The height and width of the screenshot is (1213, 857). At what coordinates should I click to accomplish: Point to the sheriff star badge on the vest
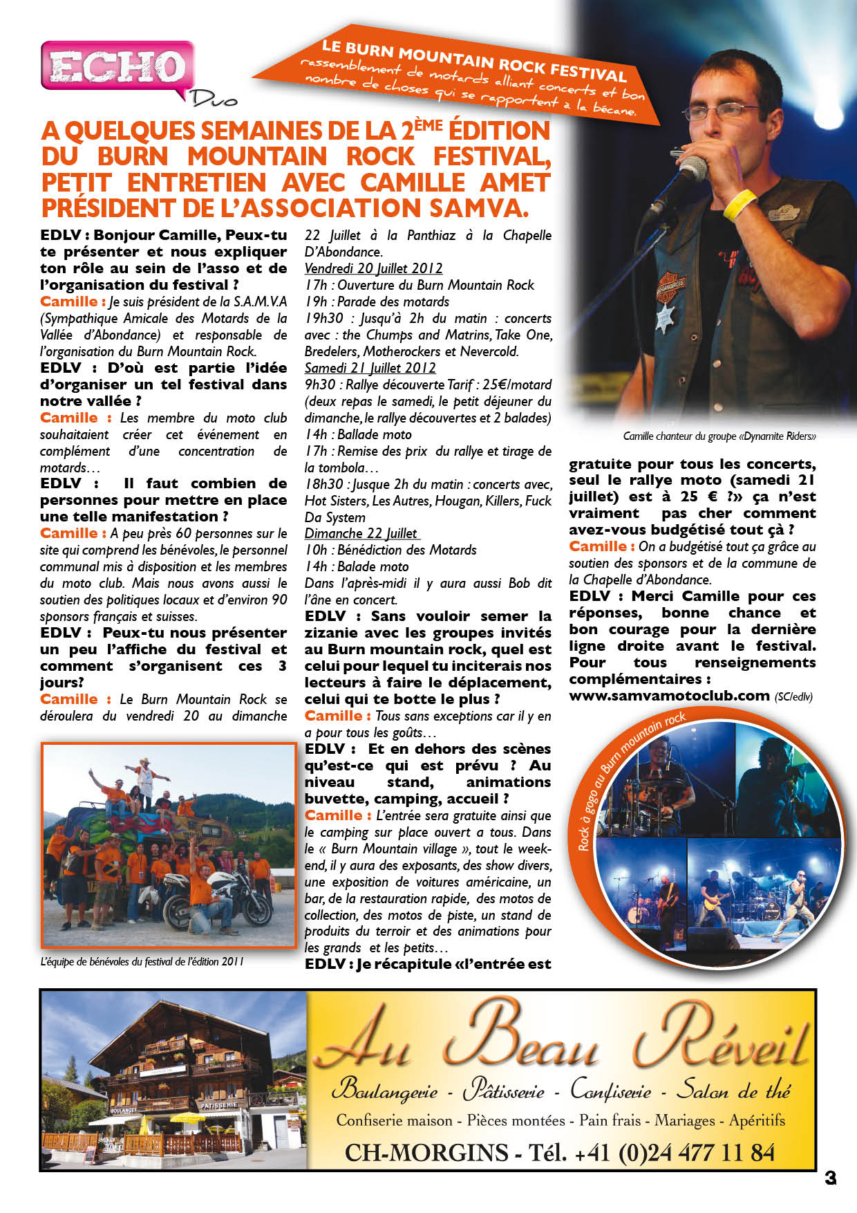[x=665, y=317]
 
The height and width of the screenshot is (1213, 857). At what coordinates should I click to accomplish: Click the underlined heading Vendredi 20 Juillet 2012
[x=373, y=268]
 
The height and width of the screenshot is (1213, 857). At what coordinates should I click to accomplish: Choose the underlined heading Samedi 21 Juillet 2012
[x=370, y=368]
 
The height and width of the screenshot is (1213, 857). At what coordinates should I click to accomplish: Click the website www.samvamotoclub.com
[x=669, y=695]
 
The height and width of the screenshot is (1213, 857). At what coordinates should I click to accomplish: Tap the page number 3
[x=830, y=1178]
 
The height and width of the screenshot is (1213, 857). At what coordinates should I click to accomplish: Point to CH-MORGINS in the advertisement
[x=426, y=1153]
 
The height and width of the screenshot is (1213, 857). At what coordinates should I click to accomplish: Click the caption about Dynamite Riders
[x=719, y=436]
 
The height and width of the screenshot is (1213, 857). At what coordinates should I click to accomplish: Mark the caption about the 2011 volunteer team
[x=142, y=961]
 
